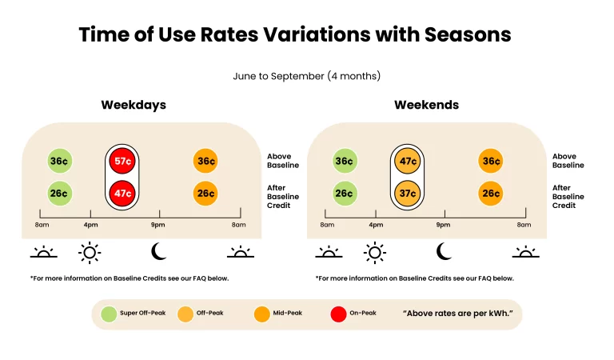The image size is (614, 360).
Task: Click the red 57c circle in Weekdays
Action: (x=122, y=161)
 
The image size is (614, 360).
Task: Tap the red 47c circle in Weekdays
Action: (x=122, y=194)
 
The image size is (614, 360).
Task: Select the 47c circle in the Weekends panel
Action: (x=407, y=161)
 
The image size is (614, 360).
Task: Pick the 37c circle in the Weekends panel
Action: (x=407, y=194)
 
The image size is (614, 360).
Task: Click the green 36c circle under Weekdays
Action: (x=58, y=161)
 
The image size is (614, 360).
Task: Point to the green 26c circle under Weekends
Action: (x=344, y=194)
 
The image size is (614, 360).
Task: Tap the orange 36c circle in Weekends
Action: (x=490, y=161)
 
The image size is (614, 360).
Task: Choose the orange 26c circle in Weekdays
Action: (x=205, y=194)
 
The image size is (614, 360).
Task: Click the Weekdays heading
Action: (x=133, y=105)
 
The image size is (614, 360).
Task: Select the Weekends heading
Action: (x=426, y=105)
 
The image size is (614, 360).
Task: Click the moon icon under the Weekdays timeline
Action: (x=159, y=252)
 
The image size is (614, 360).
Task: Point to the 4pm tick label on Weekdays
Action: (x=90, y=225)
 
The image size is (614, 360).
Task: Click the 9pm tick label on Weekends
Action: (x=443, y=225)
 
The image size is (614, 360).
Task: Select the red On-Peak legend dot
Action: (x=338, y=314)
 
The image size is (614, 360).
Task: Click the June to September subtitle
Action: (x=306, y=76)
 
